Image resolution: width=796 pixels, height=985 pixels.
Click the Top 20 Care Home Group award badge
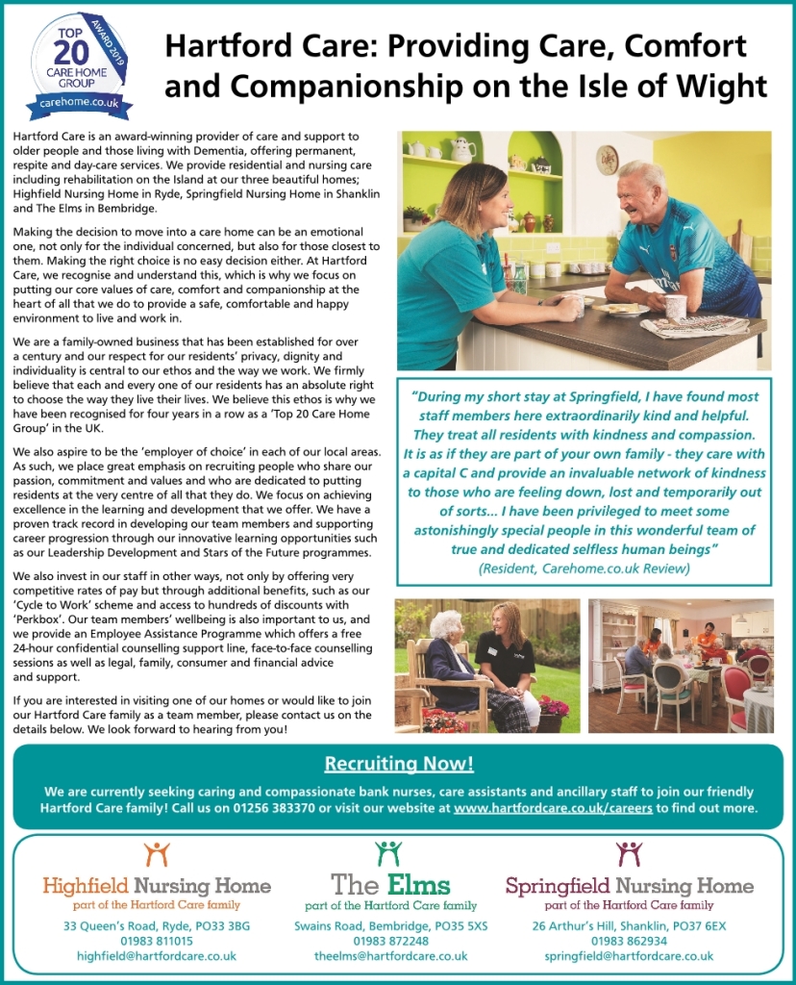[x=82, y=65]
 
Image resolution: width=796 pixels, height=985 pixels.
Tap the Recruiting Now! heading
[x=398, y=765]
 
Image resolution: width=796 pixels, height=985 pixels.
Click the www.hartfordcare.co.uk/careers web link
[x=553, y=808]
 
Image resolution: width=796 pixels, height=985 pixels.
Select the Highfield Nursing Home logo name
[x=157, y=885]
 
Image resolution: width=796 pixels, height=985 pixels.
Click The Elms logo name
[x=390, y=884]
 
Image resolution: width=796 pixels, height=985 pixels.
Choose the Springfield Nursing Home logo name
[x=629, y=885]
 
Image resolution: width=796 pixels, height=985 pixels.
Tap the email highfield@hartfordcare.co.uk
[x=157, y=956]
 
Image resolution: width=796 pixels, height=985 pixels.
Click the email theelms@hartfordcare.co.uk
[x=390, y=956]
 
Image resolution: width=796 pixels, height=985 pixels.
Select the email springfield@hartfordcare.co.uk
[x=629, y=956]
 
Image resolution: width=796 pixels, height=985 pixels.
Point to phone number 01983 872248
[x=390, y=941]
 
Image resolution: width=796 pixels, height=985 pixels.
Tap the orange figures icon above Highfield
[x=156, y=854]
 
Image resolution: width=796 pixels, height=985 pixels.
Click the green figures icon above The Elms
[x=389, y=853]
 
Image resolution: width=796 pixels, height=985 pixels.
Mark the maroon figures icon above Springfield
[x=629, y=853]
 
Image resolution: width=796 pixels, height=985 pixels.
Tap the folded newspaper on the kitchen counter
[x=694, y=326]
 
